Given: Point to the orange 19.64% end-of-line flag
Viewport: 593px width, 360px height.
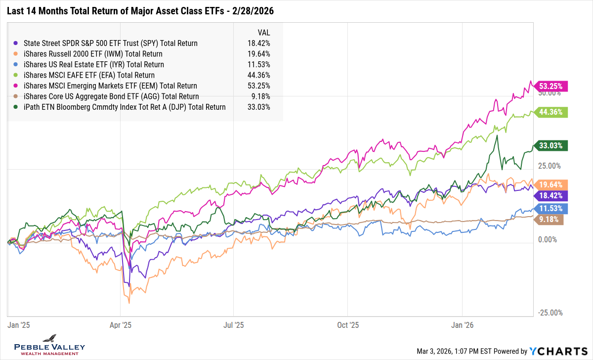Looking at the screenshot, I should pos(551,184).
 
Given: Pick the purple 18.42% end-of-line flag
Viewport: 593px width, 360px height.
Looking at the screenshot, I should pos(551,196).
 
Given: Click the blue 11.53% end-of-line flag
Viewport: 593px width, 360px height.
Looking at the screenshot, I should pos(551,208).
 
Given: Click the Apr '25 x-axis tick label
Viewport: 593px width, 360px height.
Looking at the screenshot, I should pos(120,325).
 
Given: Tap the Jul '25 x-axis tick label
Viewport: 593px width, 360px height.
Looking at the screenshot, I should pos(234,325).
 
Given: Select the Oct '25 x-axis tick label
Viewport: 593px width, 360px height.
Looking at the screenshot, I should pos(347,325).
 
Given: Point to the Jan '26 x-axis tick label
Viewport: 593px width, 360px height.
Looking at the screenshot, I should pos(462,325).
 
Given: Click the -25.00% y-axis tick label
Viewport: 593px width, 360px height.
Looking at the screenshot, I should pos(550,313).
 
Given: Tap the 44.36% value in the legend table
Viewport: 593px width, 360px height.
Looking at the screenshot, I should pos(259,75).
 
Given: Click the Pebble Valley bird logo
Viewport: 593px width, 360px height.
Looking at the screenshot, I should pos(49,339).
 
